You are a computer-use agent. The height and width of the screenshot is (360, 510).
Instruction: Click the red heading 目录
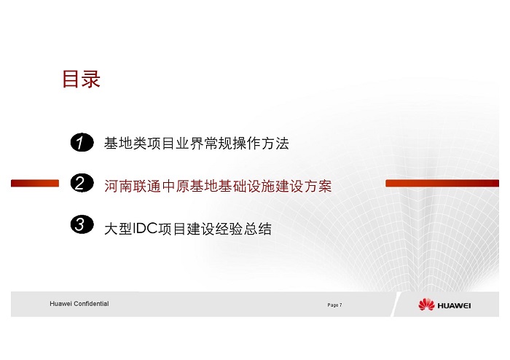[82, 79]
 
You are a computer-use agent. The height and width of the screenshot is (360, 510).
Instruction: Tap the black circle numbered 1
[82, 142]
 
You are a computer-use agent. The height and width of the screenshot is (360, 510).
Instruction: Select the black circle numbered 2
[82, 183]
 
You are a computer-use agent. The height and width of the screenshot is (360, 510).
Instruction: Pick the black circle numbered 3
[82, 224]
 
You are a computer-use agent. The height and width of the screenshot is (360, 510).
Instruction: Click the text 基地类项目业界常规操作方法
[197, 144]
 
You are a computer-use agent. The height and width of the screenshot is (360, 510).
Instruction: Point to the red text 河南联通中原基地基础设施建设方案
[218, 187]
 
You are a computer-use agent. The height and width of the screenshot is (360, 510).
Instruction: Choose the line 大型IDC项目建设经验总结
[188, 229]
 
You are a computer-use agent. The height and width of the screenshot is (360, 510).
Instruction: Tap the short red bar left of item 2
[35, 184]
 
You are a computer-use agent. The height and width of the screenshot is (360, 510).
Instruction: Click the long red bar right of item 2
[442, 184]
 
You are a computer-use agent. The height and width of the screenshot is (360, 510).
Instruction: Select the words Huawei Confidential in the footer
[79, 304]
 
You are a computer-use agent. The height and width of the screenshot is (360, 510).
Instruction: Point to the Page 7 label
[334, 305]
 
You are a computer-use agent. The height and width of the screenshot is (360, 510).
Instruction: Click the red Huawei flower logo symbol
[426, 305]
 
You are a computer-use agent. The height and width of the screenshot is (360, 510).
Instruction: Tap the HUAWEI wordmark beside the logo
[454, 305]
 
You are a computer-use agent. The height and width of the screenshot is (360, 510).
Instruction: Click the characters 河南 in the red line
[118, 187]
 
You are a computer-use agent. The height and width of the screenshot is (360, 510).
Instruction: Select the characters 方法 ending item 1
[275, 144]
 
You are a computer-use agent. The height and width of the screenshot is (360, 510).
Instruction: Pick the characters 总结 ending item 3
[257, 229]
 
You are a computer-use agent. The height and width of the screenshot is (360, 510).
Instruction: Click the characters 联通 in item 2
[147, 187]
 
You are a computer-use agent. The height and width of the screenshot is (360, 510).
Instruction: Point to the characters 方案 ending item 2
[318, 187]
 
